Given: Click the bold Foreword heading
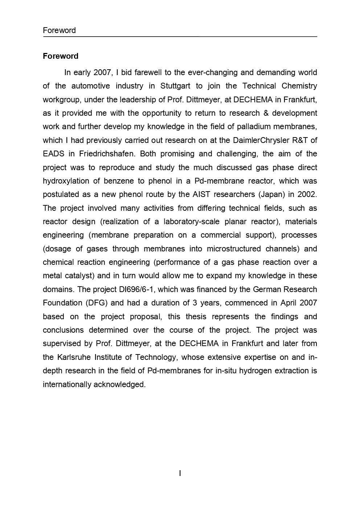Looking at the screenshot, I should click(x=60, y=56).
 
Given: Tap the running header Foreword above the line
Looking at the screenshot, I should click(x=59, y=30).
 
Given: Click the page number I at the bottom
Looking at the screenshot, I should click(x=180, y=473).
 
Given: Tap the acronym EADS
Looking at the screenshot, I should click(x=53, y=154).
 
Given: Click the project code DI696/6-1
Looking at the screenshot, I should click(x=137, y=290).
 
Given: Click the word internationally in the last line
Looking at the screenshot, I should click(x=67, y=385).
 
